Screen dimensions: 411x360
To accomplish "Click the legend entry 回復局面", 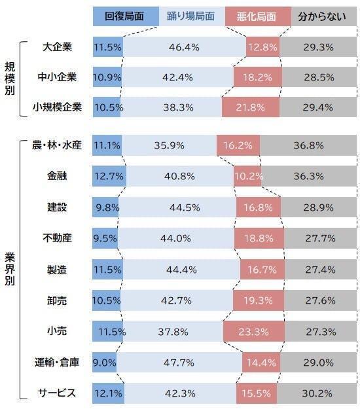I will (125, 16).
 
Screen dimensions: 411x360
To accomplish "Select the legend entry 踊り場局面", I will (190, 16).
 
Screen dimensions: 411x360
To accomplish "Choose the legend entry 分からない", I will (317, 16).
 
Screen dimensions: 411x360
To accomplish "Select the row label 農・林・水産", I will (57, 145).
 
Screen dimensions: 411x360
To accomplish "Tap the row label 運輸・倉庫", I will (57, 362).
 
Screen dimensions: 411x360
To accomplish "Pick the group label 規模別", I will (10, 77).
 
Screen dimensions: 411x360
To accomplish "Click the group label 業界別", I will (10, 269).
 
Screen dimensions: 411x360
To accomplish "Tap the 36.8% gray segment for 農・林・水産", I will (307, 145).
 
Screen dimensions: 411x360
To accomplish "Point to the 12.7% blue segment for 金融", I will (109, 176).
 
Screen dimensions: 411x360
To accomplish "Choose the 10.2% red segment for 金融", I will (248, 176).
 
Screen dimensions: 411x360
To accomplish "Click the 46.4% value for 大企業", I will (184, 47).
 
